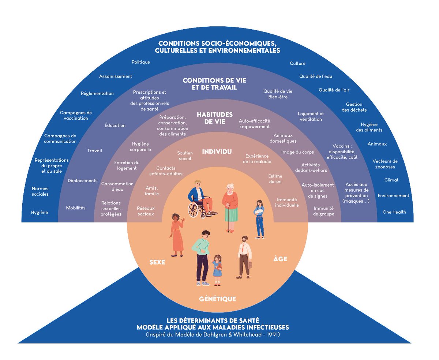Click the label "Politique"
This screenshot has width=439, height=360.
pyautogui.click(x=141, y=62)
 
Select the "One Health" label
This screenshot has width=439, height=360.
pyautogui.click(x=394, y=212)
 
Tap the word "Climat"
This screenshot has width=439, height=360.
pyautogui.click(x=391, y=180)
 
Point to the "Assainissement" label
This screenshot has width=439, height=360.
pyautogui.click(x=116, y=76)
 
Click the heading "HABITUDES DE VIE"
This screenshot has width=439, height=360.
pyautogui.click(x=214, y=118)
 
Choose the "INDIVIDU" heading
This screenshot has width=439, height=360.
pyautogui.click(x=217, y=151)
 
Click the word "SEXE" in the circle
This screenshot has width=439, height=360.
pyautogui.click(x=157, y=262)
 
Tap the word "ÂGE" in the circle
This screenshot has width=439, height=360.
pyautogui.click(x=280, y=259)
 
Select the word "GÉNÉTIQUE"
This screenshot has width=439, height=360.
pyautogui.click(x=217, y=299)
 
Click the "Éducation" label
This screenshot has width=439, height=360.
pyautogui.click(x=115, y=125)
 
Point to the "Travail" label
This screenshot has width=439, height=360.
pyautogui.click(x=94, y=151)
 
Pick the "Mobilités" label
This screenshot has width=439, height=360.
pyautogui.click(x=76, y=208)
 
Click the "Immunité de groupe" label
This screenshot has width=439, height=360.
pyautogui.click(x=324, y=211)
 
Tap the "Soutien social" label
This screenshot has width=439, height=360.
pyautogui.click(x=185, y=156)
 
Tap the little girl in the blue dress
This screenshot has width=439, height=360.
pyautogui.click(x=218, y=270)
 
